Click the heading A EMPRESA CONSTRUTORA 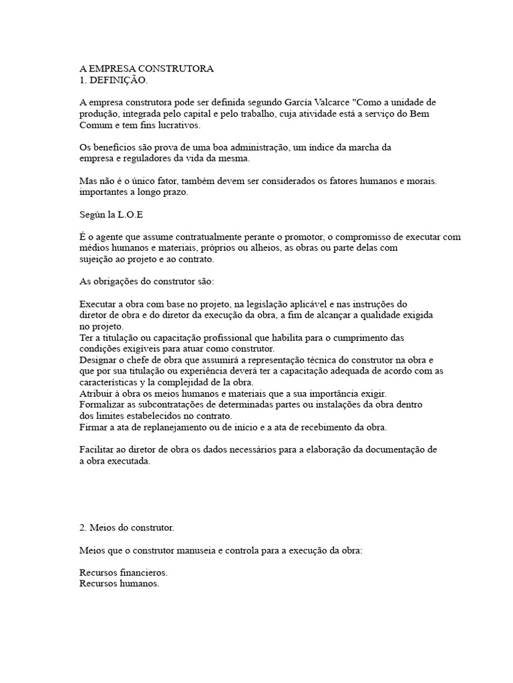(x=146, y=69)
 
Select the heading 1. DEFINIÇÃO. (x=113, y=80)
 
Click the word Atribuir (x=98, y=394)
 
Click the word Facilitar (x=99, y=450)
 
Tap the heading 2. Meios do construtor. (x=126, y=528)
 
